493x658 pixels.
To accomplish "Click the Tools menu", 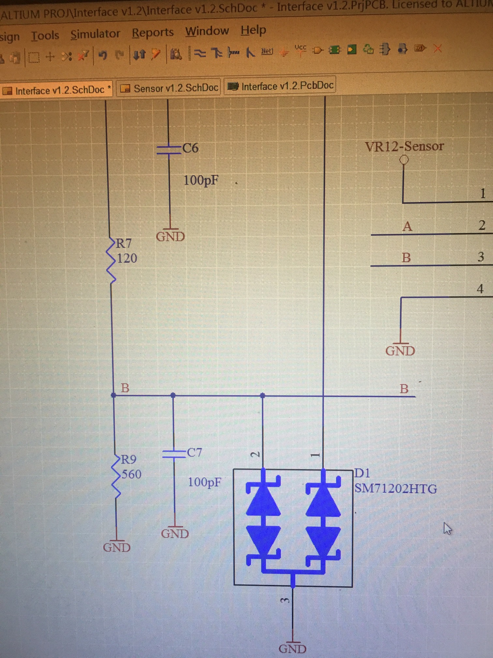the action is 45,35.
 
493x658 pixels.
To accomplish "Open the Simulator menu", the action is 95,34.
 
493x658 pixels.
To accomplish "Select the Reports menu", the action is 153,32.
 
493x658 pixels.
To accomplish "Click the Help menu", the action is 253,30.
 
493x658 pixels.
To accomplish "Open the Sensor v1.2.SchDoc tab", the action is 169,88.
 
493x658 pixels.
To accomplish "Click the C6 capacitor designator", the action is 190,148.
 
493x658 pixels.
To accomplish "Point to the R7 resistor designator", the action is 124,243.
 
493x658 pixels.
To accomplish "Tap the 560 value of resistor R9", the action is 131,474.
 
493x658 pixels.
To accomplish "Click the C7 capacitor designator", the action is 194,452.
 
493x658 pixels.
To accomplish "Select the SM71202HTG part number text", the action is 396,489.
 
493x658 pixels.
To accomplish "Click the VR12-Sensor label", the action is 404,146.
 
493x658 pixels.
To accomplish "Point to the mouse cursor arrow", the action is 447,528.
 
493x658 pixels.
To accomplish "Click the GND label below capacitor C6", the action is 170,237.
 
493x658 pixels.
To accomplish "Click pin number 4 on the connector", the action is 480,289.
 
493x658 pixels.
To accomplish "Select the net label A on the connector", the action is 407,226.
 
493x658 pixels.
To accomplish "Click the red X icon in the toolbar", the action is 438,49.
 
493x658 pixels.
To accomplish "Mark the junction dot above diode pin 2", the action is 262,396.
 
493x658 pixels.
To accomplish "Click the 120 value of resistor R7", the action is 127,258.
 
